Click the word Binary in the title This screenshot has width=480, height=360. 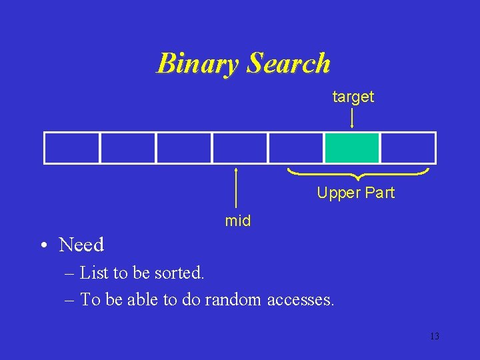point(198,64)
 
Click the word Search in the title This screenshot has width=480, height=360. point(289,63)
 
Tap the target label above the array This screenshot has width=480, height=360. point(353,97)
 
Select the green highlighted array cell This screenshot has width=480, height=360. point(352,147)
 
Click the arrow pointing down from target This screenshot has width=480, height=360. point(352,118)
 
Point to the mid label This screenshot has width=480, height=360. point(237,221)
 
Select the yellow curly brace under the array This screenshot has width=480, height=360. point(358,175)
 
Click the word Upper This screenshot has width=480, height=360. point(337,193)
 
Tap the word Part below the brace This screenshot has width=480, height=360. point(379,193)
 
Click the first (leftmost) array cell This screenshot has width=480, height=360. point(72,147)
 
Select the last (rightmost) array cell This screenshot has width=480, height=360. point(407,147)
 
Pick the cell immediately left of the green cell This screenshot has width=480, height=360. point(296,147)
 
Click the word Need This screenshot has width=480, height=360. point(81,245)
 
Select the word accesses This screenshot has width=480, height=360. point(300,301)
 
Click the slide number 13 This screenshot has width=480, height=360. point(434,336)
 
